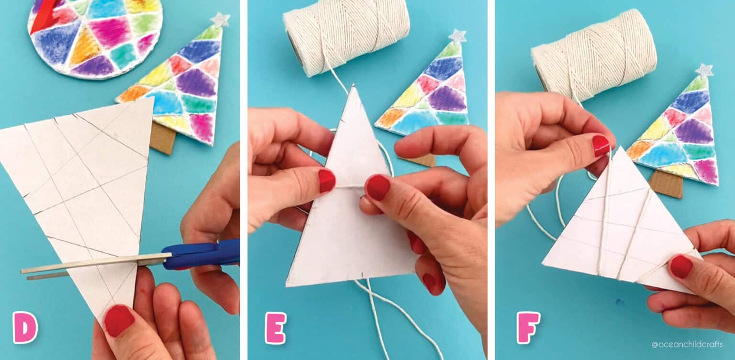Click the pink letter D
tap(25, 327)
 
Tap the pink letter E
tap(276, 328)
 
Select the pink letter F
tap(528, 327)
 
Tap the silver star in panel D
tap(220, 20)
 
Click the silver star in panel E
tap(457, 36)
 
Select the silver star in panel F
tap(704, 70)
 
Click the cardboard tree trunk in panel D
tap(163, 139)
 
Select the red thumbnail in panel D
tap(119, 320)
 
